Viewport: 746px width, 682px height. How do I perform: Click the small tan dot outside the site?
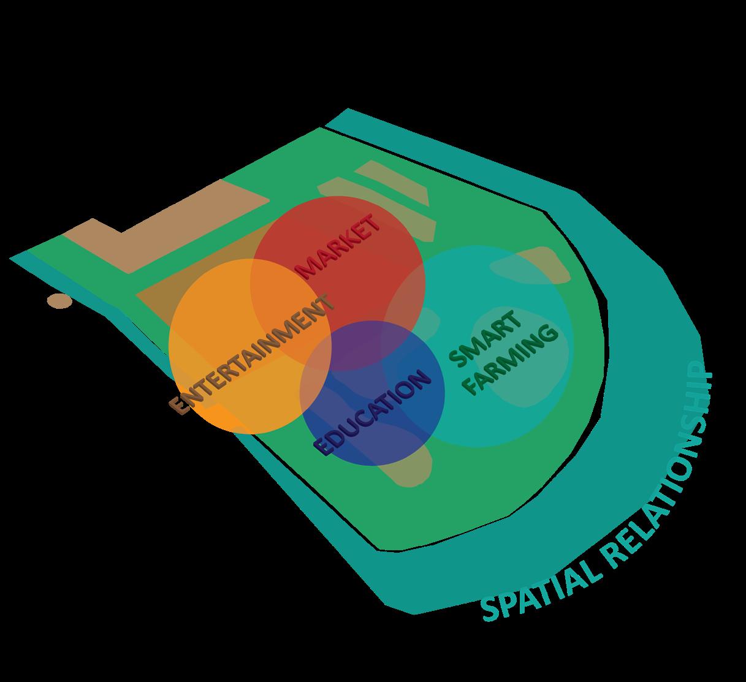[x=59, y=301]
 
